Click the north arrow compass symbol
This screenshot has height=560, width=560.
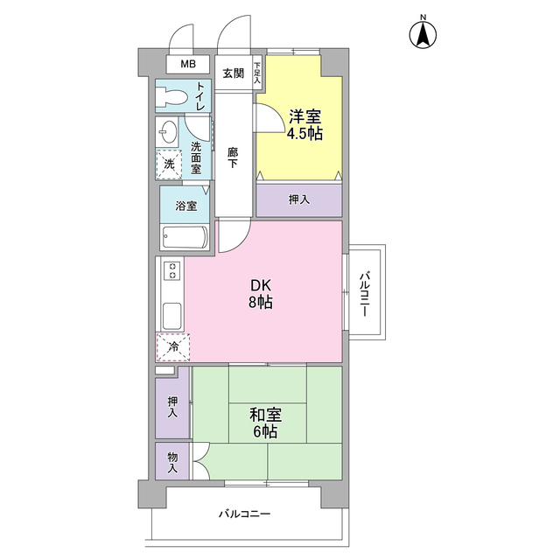[423, 35]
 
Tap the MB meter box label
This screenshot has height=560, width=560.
[188, 64]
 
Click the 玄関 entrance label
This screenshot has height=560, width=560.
[234, 73]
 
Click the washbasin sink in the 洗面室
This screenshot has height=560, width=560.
[167, 132]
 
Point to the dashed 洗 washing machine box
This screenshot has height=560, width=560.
[169, 164]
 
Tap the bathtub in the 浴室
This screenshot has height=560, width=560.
[185, 237]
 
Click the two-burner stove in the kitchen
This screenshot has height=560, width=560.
[172, 270]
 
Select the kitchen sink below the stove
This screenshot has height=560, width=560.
[172, 316]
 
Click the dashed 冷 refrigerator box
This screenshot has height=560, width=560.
[173, 346]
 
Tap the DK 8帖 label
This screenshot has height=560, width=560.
[261, 294]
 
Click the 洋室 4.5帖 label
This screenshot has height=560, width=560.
[304, 125]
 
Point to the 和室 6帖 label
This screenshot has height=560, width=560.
[265, 423]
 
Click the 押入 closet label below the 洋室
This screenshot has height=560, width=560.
[299, 199]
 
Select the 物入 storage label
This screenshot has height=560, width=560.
[172, 462]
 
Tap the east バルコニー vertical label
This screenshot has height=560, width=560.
[364, 294]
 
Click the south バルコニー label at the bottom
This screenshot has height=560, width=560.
[244, 514]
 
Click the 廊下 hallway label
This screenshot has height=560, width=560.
[233, 157]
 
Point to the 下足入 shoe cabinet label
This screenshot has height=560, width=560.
[257, 73]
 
